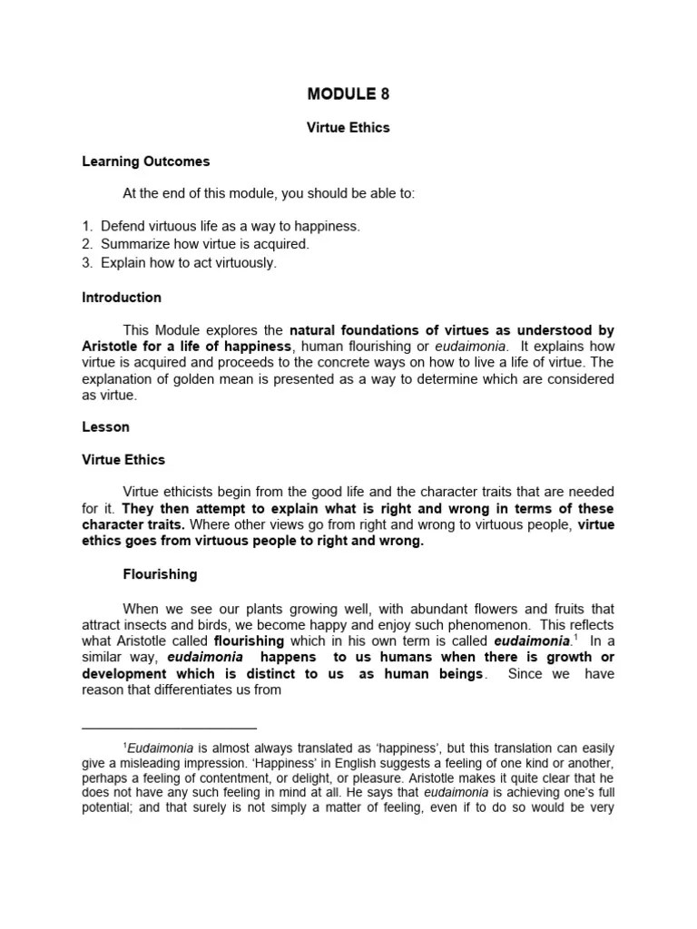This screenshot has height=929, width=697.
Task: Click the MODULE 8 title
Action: click(x=348, y=93)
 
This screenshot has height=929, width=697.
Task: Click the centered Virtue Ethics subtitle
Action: click(x=348, y=128)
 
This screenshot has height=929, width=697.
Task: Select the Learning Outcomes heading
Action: click(x=145, y=161)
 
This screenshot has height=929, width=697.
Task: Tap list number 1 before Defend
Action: click(x=86, y=225)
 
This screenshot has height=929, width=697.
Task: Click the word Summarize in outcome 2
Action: click(x=137, y=244)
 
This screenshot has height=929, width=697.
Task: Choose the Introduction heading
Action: click(x=122, y=297)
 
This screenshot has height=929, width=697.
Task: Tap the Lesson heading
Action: click(x=105, y=426)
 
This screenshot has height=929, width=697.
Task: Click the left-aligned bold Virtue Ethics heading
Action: click(x=123, y=460)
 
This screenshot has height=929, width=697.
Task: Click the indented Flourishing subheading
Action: click(x=160, y=574)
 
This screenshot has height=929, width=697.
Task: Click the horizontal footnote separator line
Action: click(x=170, y=728)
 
